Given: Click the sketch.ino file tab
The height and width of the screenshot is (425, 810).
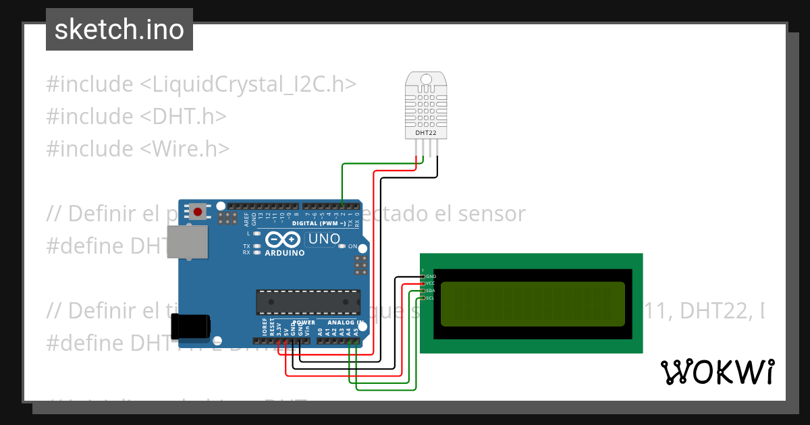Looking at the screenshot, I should click(119, 30).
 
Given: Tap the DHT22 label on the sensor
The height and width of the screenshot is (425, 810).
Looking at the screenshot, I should click(425, 134).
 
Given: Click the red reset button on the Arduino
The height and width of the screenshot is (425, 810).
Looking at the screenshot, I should click(198, 212).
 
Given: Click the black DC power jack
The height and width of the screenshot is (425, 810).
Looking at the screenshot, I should click(191, 327).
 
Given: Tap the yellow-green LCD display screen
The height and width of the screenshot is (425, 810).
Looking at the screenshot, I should click(532, 304).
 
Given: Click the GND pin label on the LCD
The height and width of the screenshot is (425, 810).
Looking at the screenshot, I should click(431, 277).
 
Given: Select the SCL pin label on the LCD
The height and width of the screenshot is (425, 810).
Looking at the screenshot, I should click(431, 297).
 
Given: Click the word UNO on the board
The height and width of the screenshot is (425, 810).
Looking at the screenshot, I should click(324, 238).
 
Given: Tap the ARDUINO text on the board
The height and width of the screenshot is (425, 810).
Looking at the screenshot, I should click(284, 253).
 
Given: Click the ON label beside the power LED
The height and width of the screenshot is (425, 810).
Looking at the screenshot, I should click(352, 247).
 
